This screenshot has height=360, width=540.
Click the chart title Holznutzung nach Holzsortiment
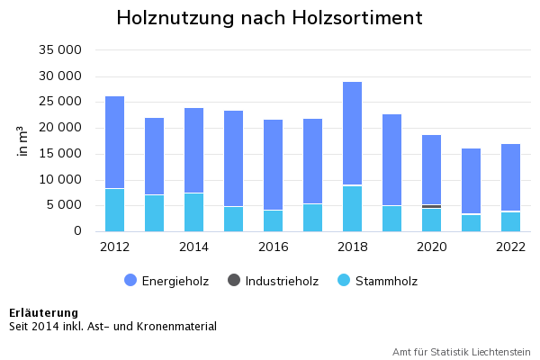(x=269, y=19)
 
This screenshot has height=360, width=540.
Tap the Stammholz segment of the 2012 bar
(x=114, y=210)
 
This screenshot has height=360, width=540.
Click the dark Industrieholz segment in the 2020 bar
(x=431, y=206)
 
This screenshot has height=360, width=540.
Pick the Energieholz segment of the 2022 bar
(x=510, y=177)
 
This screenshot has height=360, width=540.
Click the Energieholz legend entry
(x=166, y=281)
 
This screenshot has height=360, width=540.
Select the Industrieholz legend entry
(x=273, y=281)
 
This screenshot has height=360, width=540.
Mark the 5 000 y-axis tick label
(x=67, y=205)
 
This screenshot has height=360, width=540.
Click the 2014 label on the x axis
(x=193, y=247)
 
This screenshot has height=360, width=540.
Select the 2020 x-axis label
(x=431, y=247)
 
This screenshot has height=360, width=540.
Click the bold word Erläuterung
(x=44, y=313)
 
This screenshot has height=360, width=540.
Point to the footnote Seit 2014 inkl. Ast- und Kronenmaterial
(x=112, y=327)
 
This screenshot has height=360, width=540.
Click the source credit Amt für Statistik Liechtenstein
(x=461, y=352)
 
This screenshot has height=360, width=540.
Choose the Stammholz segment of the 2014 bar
(x=193, y=212)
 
